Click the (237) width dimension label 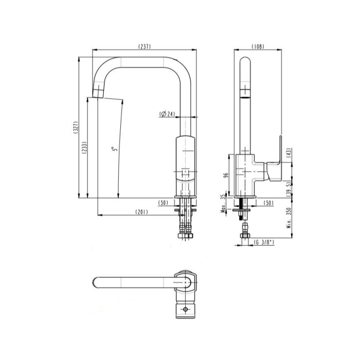point(145,46)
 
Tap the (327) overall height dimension point(76,128)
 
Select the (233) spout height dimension point(85,148)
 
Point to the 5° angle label point(115,149)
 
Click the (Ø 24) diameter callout point(167,114)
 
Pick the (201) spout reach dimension point(141,212)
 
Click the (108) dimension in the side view point(258,46)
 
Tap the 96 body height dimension point(226,175)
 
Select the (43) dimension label point(289,152)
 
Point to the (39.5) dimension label point(289,189)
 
